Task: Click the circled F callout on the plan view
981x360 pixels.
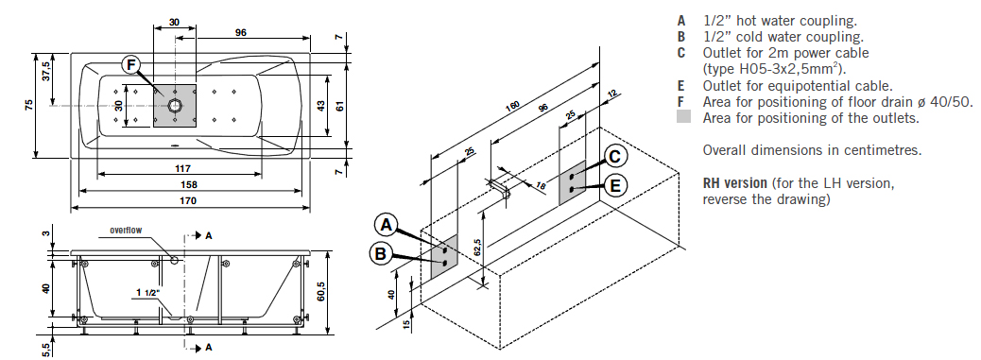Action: point(131,64)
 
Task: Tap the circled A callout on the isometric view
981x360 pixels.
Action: point(387,225)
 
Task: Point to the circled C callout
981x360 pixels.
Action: point(615,157)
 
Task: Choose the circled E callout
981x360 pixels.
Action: point(615,185)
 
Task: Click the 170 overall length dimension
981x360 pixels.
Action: point(188,200)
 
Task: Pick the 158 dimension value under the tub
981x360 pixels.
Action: point(188,184)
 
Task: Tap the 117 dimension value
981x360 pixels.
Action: point(182,168)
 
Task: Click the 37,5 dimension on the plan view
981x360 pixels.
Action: point(45,71)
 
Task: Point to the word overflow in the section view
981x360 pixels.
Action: point(126,230)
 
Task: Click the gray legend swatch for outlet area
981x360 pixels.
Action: point(684,117)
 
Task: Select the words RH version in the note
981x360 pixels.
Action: point(735,183)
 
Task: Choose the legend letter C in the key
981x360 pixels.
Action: point(681,53)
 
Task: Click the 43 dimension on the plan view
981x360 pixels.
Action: point(321,106)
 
